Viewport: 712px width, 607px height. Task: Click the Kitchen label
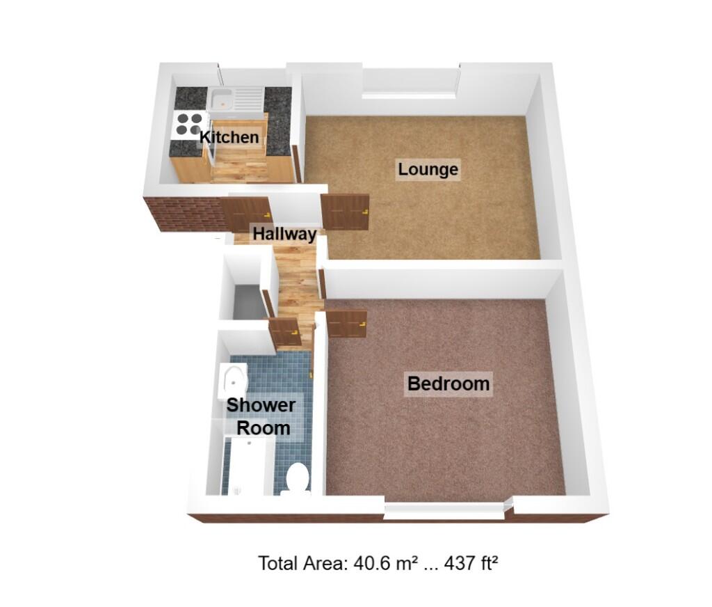pyautogui.click(x=229, y=137)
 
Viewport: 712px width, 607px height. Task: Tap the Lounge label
pyautogui.click(x=428, y=169)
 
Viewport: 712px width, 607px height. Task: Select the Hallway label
pyautogui.click(x=284, y=234)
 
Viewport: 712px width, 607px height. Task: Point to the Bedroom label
pyautogui.click(x=448, y=384)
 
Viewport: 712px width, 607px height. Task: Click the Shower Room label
pyautogui.click(x=261, y=416)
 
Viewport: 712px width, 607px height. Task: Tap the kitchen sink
pyautogui.click(x=236, y=99)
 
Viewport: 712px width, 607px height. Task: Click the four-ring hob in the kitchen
pyautogui.click(x=188, y=124)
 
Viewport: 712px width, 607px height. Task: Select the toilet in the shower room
pyautogui.click(x=297, y=478)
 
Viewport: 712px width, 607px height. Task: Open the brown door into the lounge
pyautogui.click(x=346, y=212)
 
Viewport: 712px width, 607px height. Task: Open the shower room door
pyautogui.click(x=286, y=332)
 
